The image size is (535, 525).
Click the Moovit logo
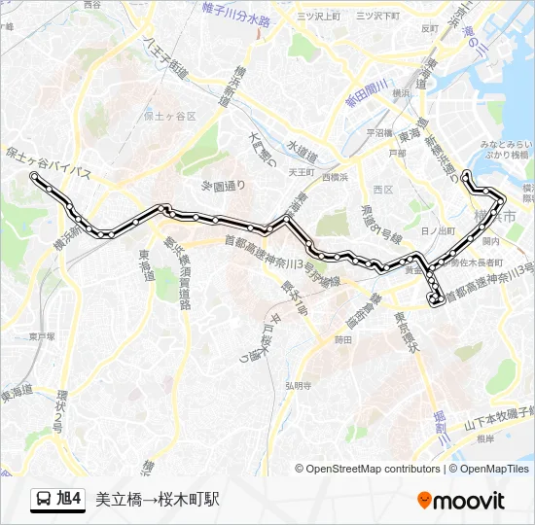460,501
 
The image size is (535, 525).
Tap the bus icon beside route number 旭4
43,500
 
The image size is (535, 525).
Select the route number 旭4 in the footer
69,500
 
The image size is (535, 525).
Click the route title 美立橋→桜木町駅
158,500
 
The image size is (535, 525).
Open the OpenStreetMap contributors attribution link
374,469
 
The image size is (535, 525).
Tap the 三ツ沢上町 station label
320,17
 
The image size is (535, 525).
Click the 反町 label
430,28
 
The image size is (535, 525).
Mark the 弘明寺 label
298,385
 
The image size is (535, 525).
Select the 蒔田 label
342,339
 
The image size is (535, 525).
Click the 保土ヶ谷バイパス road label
49,163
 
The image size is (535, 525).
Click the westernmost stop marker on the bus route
35,176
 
